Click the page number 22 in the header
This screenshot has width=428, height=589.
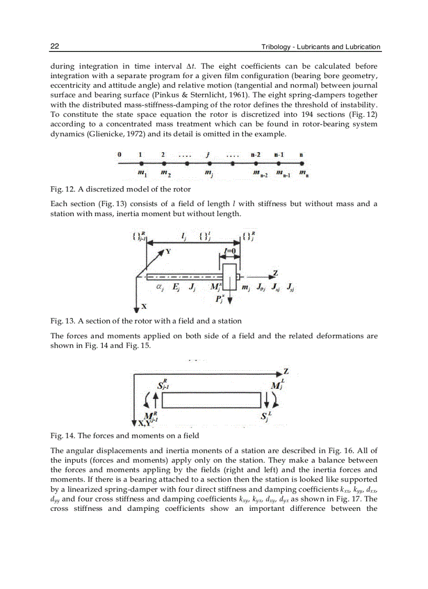55,47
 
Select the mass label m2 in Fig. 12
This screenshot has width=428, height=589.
165,173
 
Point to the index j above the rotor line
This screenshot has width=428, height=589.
208,155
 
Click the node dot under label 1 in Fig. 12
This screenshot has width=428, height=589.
141,163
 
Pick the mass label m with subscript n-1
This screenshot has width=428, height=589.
280,173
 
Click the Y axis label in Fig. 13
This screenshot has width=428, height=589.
168,252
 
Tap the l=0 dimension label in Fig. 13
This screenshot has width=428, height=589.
229,251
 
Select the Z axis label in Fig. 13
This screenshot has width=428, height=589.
275,273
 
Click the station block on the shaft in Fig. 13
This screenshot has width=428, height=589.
229,276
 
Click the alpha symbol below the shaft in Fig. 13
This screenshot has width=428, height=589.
159,287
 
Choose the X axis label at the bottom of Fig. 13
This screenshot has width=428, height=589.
144,306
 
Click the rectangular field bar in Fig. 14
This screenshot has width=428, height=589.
211,400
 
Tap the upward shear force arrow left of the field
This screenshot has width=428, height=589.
155,401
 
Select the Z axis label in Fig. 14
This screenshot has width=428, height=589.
286,371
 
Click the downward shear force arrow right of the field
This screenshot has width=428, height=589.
267,400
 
